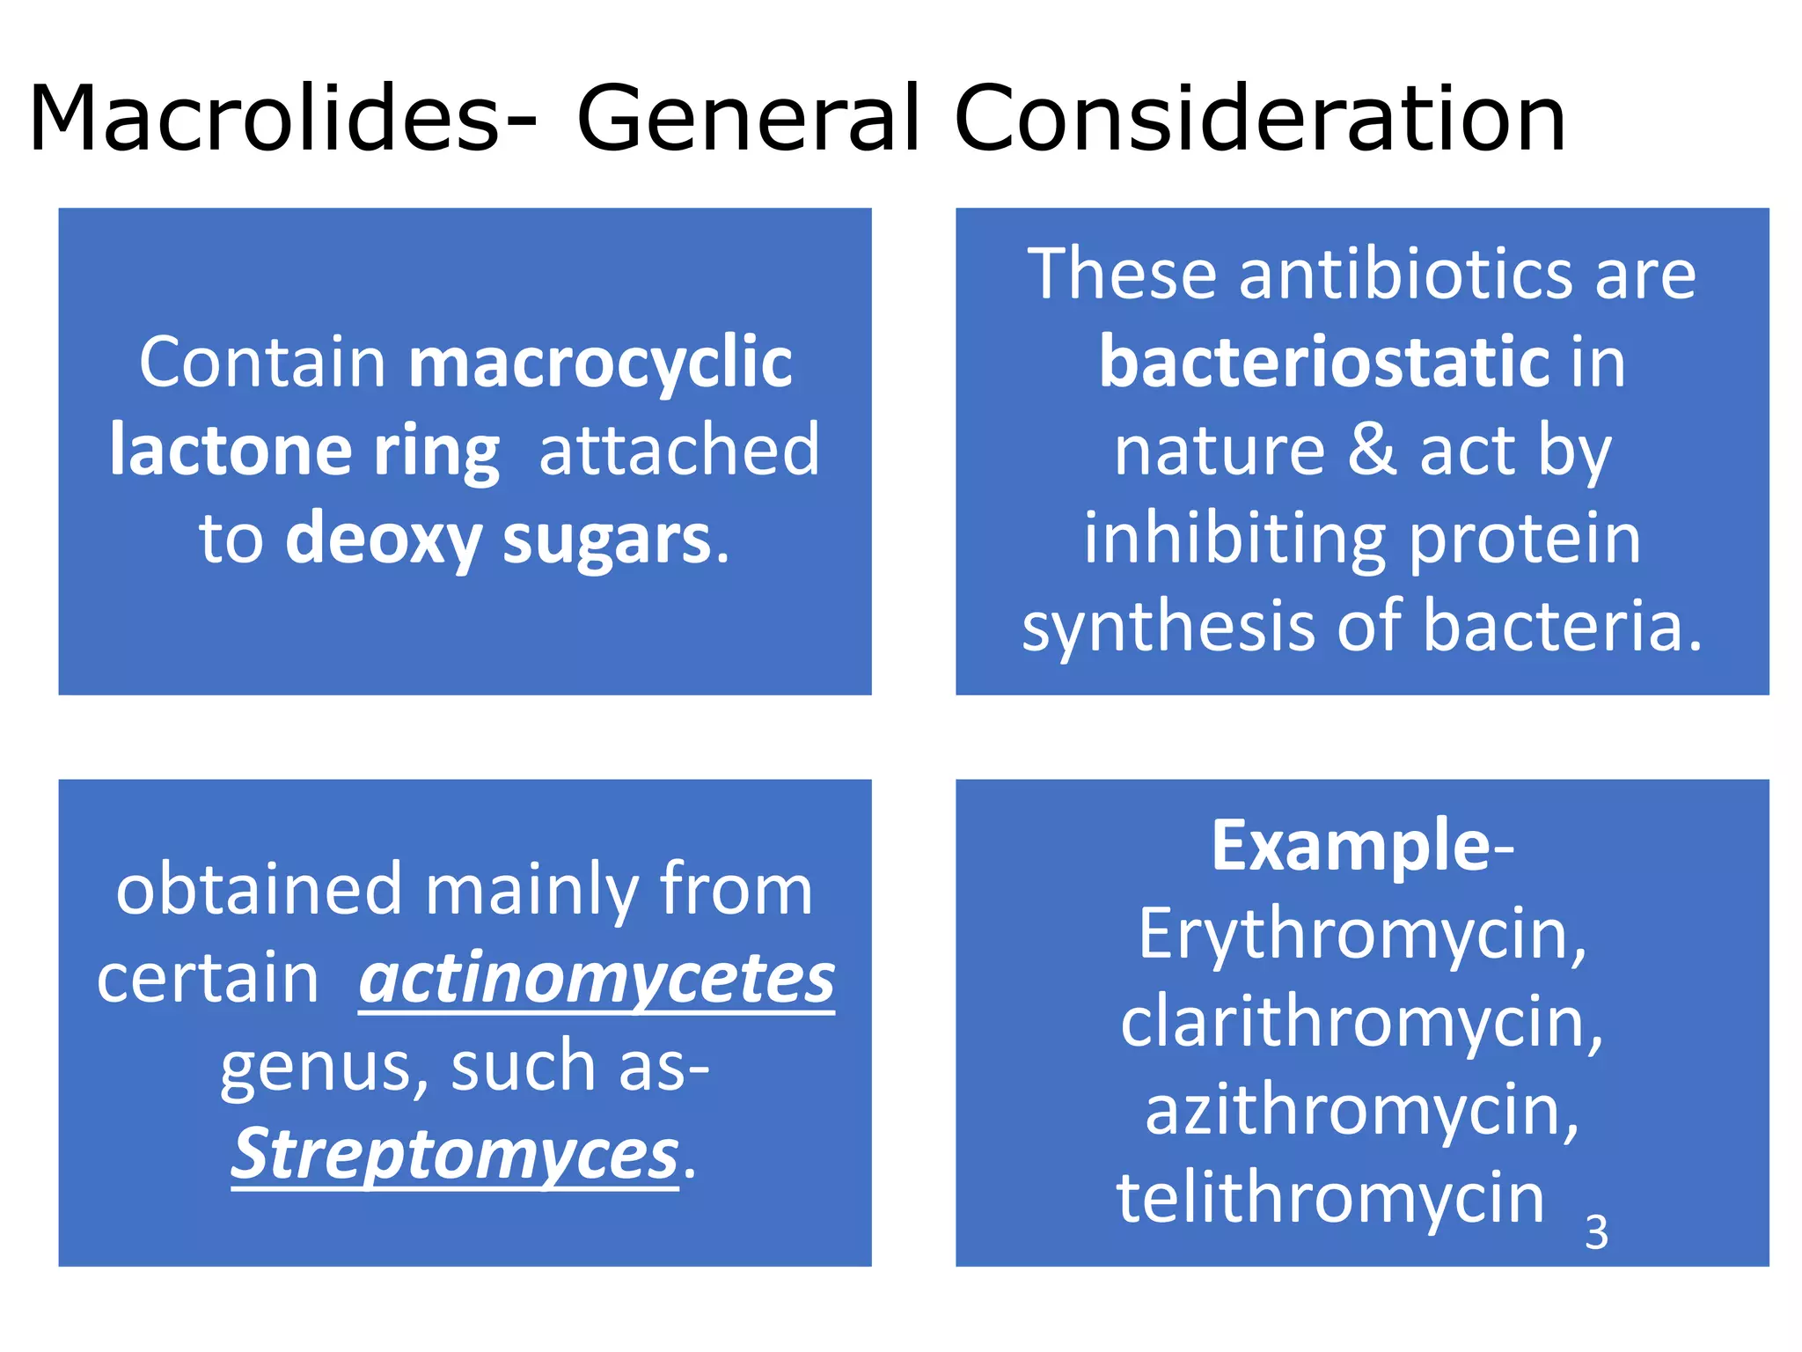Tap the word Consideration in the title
click(1259, 119)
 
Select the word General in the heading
click(749, 119)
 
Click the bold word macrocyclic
click(601, 364)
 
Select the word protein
click(1525, 540)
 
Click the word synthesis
click(1168, 627)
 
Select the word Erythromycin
click(1362, 935)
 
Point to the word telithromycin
click(1330, 1198)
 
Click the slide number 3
click(1596, 1232)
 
